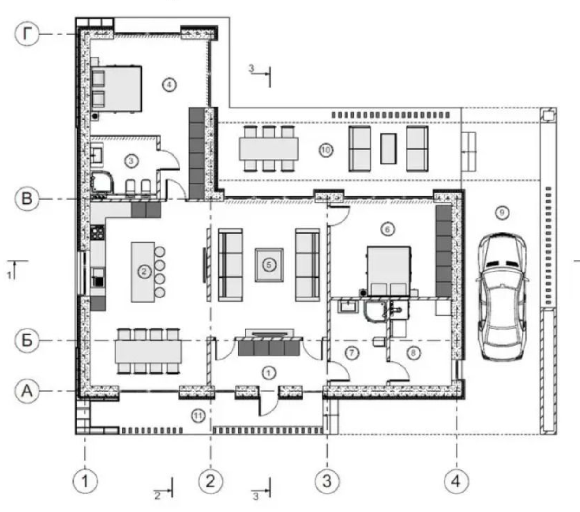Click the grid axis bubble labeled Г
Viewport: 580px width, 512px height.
[26, 34]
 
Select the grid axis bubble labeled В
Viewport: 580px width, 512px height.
[26, 199]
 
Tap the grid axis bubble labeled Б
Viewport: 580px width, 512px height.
[26, 341]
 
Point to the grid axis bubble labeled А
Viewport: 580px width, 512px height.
[26, 391]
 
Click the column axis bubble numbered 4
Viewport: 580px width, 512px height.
[456, 481]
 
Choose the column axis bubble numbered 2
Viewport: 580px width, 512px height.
[210, 481]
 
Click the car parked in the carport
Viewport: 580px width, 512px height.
[503, 297]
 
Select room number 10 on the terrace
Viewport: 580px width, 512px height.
[326, 150]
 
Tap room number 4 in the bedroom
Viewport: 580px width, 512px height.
[169, 85]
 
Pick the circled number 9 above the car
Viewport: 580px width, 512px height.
[502, 213]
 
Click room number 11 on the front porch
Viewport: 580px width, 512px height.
[198, 416]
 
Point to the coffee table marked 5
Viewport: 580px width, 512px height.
[269, 265]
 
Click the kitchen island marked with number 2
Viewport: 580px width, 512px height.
[143, 272]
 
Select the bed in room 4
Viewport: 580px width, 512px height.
[116, 88]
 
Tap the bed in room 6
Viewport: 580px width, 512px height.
[389, 271]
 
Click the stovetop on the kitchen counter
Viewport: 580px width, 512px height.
[97, 233]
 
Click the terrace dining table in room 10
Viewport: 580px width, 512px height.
[269, 149]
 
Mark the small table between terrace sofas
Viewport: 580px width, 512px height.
[388, 149]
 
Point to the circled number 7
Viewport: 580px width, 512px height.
[352, 354]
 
